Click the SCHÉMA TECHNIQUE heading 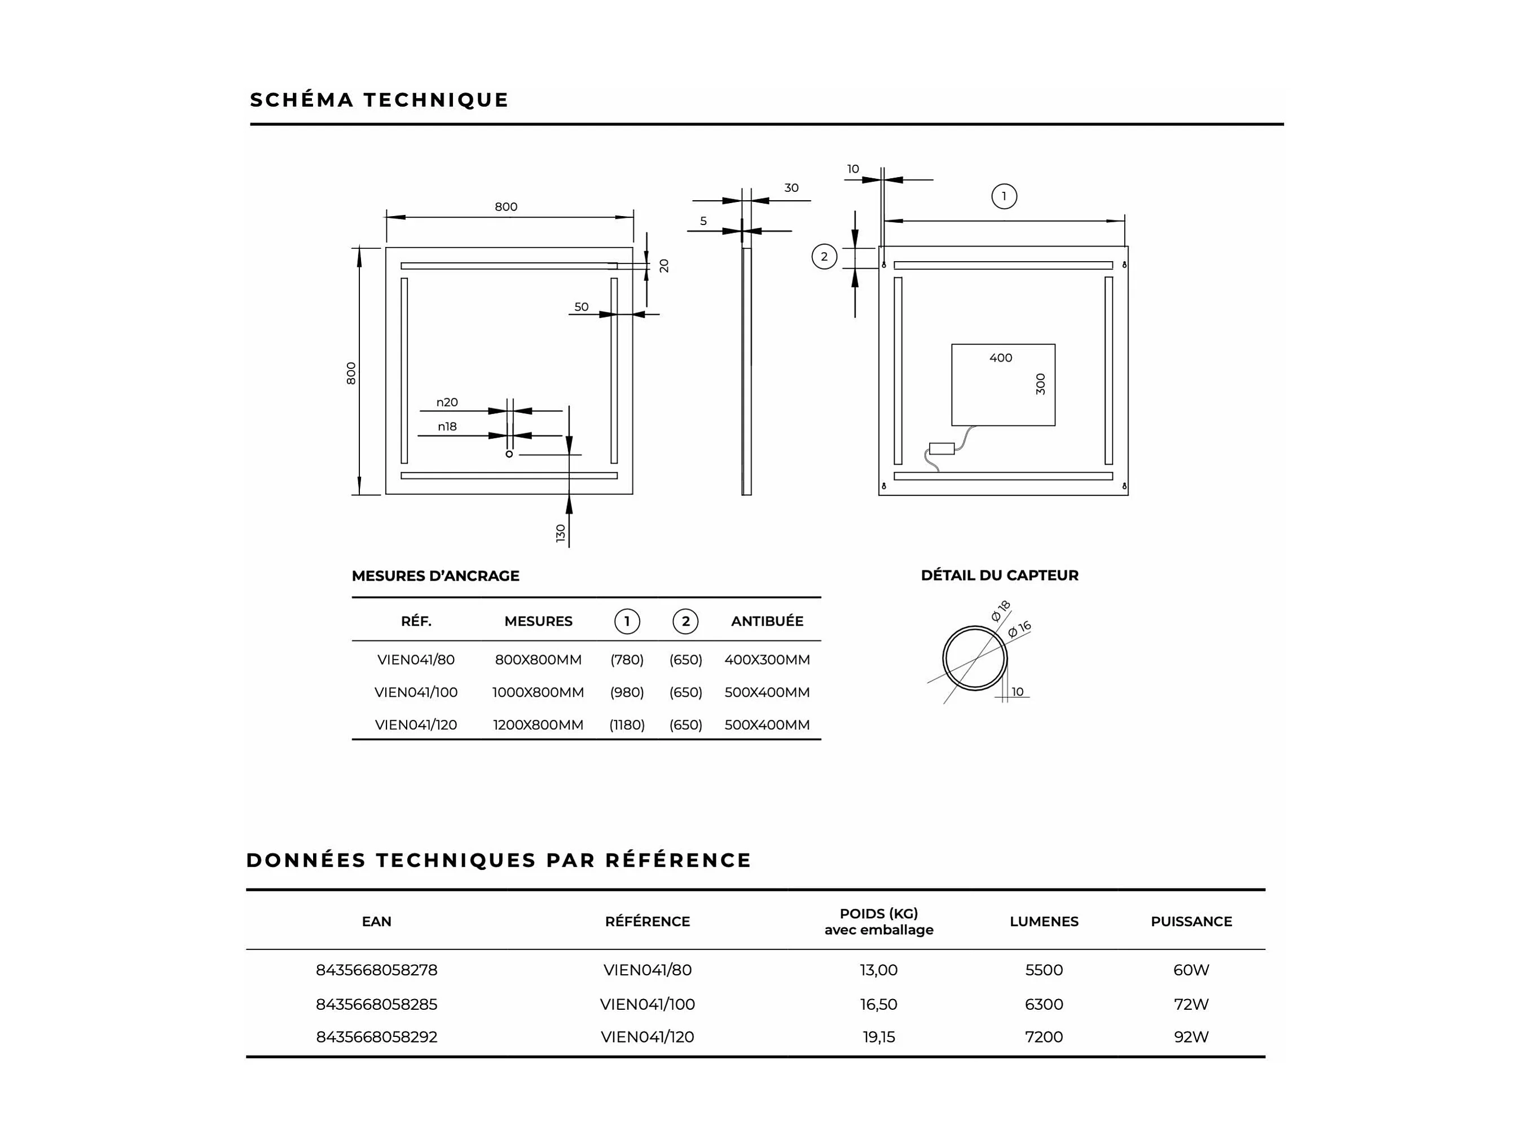379,100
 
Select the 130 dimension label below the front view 561,533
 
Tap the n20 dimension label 447,402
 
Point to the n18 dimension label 447,426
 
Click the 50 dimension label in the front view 582,306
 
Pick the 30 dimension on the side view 791,187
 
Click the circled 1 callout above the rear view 1004,196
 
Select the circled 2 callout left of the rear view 824,257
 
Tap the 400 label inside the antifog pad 1000,358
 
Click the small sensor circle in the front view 509,454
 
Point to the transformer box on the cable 942,448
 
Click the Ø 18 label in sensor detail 1000,611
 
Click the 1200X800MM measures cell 538,724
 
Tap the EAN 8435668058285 376,1004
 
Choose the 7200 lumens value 1044,1037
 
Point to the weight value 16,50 878,1004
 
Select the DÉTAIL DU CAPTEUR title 1000,575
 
